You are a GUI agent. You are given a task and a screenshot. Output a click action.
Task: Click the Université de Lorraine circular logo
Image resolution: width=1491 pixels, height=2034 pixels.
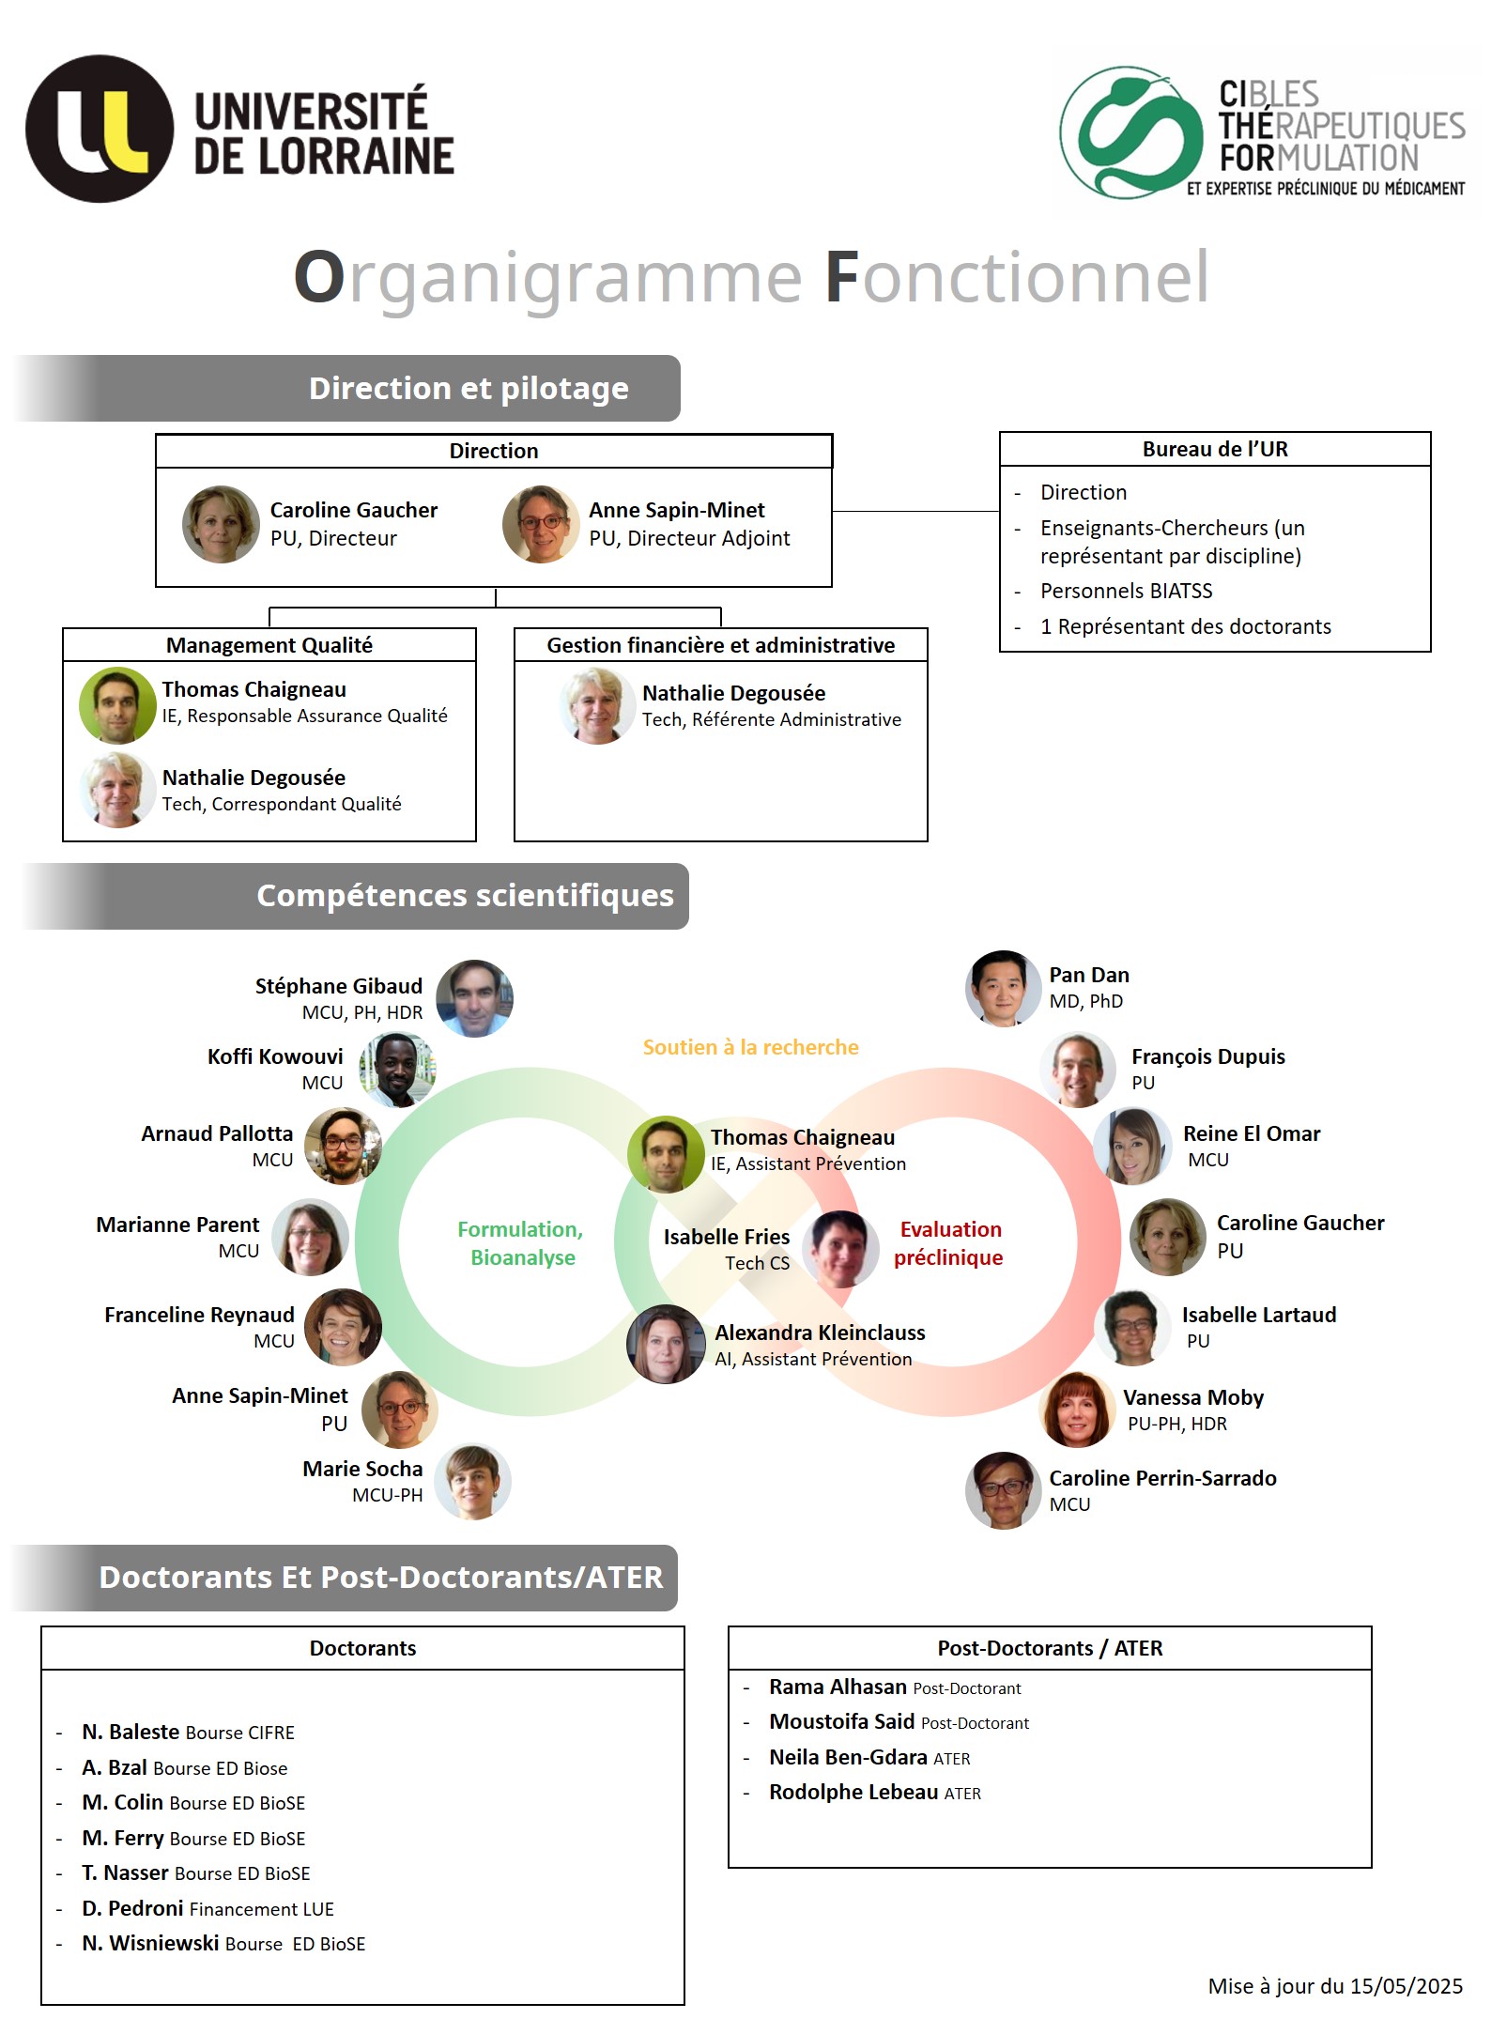(100, 129)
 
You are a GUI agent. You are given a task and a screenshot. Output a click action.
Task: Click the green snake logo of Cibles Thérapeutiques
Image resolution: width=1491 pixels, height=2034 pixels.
(1130, 132)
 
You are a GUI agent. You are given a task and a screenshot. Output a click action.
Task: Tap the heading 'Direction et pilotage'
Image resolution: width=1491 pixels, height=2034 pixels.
(469, 389)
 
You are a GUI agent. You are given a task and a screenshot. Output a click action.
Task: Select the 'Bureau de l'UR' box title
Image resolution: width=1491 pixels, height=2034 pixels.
(1215, 449)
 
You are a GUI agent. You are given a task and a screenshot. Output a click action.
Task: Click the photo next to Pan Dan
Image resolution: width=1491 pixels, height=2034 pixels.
(1003, 988)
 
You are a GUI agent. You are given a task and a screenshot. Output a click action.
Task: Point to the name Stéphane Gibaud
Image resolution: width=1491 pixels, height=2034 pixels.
(338, 986)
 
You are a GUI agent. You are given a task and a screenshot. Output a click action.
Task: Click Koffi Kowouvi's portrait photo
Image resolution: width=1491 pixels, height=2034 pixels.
(397, 1070)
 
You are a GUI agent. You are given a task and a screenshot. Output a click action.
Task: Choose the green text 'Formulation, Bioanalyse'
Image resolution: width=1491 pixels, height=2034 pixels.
(521, 1243)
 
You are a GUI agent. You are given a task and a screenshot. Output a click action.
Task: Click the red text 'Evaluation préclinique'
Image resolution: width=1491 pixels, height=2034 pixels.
(949, 1243)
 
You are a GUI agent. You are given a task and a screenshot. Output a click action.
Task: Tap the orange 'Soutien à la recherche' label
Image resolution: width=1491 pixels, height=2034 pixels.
(750, 1047)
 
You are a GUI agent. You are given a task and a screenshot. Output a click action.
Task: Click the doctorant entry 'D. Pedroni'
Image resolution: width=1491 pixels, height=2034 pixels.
(132, 1908)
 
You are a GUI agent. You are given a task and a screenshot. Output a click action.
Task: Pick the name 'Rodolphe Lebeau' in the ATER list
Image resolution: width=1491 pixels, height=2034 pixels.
(853, 1792)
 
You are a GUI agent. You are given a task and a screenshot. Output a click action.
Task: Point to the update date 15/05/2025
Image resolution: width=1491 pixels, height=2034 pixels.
(1406, 1986)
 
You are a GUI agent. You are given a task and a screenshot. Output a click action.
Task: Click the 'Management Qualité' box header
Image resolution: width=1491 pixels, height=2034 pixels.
(269, 645)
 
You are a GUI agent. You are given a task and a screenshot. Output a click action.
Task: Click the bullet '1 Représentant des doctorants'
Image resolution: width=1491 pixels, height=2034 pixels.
(1185, 626)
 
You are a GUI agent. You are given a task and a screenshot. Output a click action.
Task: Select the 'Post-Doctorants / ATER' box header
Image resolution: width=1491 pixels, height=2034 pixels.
(1050, 1648)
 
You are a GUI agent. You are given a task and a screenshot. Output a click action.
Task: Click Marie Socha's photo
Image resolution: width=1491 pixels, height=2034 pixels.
(473, 1481)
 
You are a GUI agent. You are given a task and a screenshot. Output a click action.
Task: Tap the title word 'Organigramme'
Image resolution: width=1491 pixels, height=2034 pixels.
(548, 278)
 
